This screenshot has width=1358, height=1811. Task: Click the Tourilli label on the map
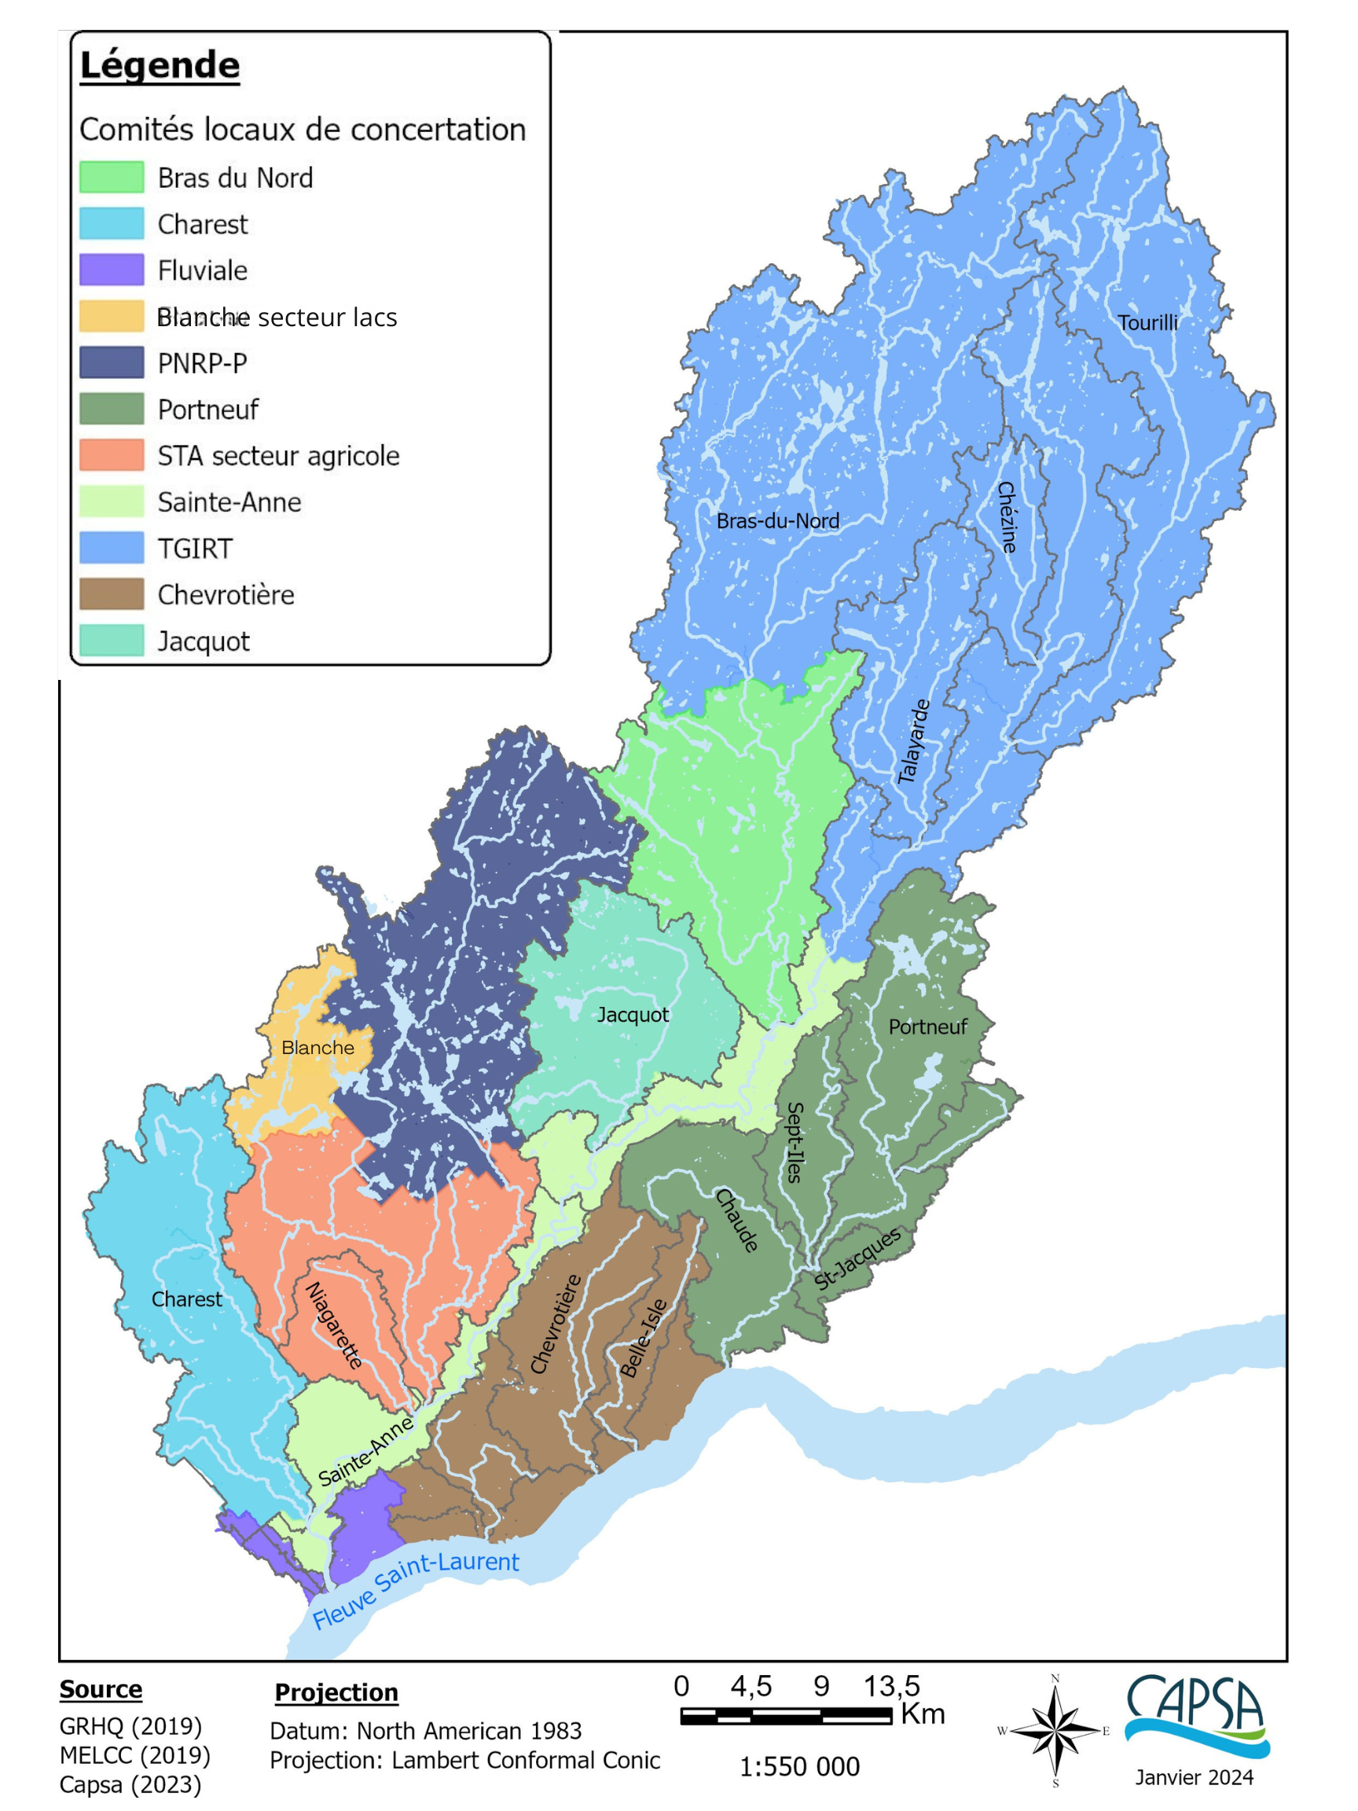(x=1147, y=323)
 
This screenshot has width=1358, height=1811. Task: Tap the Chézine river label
(x=1007, y=517)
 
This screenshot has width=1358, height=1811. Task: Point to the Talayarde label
(x=914, y=742)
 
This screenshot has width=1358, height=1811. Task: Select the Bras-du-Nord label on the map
(x=778, y=520)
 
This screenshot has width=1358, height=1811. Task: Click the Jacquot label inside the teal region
(x=633, y=1015)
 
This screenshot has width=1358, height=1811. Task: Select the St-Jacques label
(x=857, y=1259)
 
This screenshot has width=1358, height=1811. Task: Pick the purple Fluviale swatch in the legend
(x=112, y=270)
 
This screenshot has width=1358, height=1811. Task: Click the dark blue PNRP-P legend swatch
(x=112, y=362)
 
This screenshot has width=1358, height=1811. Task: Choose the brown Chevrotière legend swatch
(x=112, y=594)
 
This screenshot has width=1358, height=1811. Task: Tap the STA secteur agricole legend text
(x=278, y=456)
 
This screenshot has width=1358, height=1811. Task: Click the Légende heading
(x=160, y=65)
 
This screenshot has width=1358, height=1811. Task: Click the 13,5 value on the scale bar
(x=891, y=1687)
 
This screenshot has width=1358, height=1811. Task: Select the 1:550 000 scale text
(x=800, y=1767)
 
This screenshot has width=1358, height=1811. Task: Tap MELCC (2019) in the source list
(x=135, y=1755)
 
